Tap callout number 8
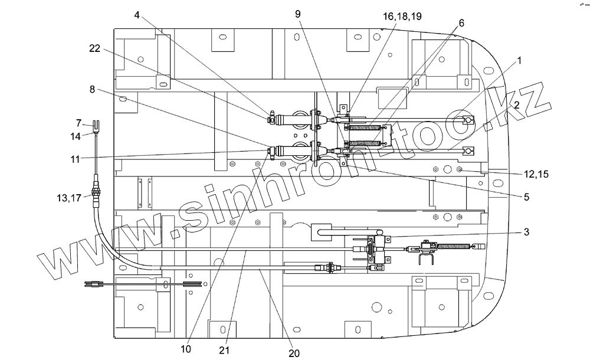coord(92,90)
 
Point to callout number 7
coord(78,124)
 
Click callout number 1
coord(520,60)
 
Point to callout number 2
coord(516,106)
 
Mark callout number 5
coord(526,197)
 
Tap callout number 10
coord(186,349)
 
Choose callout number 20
coord(294,353)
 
